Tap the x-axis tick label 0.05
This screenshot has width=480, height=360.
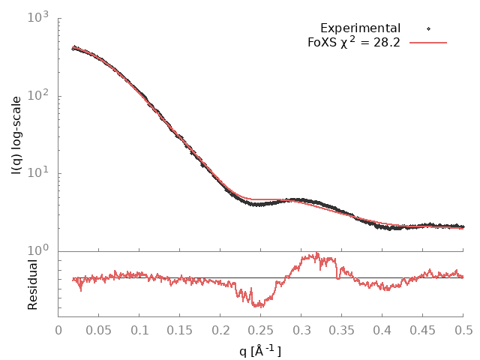(x=99, y=330)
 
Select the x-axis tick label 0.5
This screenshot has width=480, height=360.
(x=463, y=330)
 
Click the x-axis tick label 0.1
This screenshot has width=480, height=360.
(x=139, y=330)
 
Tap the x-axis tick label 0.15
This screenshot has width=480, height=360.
(x=180, y=330)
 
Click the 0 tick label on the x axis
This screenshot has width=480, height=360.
(x=58, y=330)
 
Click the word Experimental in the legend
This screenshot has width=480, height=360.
(x=360, y=28)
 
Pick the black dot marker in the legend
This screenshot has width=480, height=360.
(x=429, y=28)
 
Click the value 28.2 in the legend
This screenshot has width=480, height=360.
(x=386, y=43)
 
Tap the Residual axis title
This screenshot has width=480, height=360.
(x=32, y=284)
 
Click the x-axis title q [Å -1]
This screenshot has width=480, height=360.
(x=260, y=350)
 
